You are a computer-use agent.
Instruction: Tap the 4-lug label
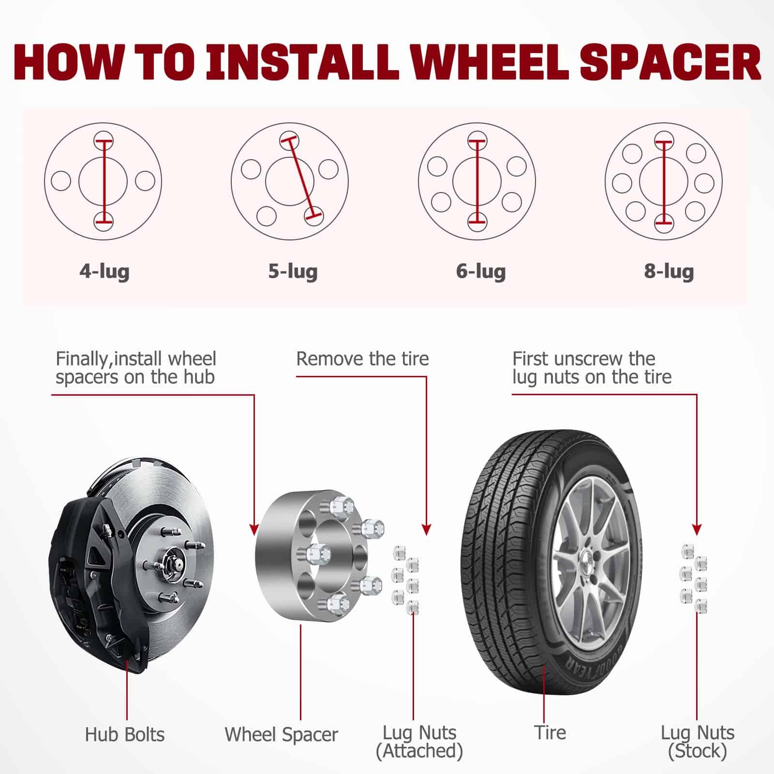[104, 271]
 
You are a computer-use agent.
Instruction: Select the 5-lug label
[293, 271]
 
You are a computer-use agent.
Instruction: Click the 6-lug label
[481, 271]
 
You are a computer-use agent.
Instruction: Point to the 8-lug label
[669, 271]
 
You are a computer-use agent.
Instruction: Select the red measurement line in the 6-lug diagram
[477, 181]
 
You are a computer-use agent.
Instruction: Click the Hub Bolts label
[125, 734]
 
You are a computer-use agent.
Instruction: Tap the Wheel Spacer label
[281, 734]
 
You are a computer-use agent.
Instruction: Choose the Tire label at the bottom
[550, 732]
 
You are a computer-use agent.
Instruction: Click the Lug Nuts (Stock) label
[698, 742]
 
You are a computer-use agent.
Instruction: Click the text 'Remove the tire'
[362, 359]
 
